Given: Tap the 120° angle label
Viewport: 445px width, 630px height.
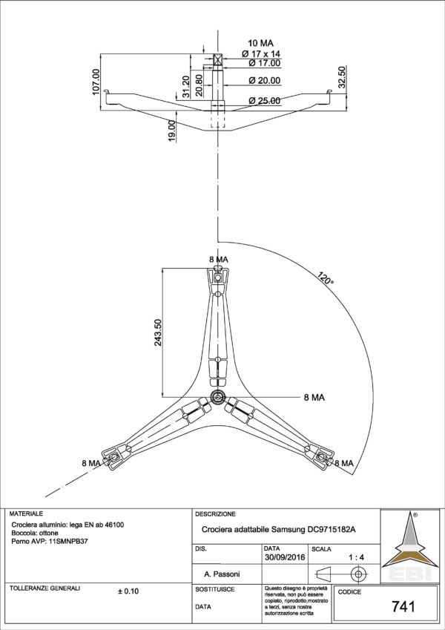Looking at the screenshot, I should [x=325, y=280].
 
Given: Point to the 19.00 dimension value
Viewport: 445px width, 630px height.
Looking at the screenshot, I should [x=171, y=131].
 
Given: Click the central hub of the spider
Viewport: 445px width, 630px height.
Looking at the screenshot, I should [x=217, y=396].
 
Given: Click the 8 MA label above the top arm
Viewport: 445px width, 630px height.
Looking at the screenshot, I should [x=218, y=258].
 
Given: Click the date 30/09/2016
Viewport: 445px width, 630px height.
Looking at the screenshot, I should [x=285, y=557].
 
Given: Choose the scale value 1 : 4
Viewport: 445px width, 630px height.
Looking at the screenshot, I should [x=356, y=557].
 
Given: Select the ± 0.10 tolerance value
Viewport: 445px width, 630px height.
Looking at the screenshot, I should [x=128, y=591].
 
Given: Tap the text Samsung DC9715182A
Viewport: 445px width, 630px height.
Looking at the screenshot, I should [x=314, y=529].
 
